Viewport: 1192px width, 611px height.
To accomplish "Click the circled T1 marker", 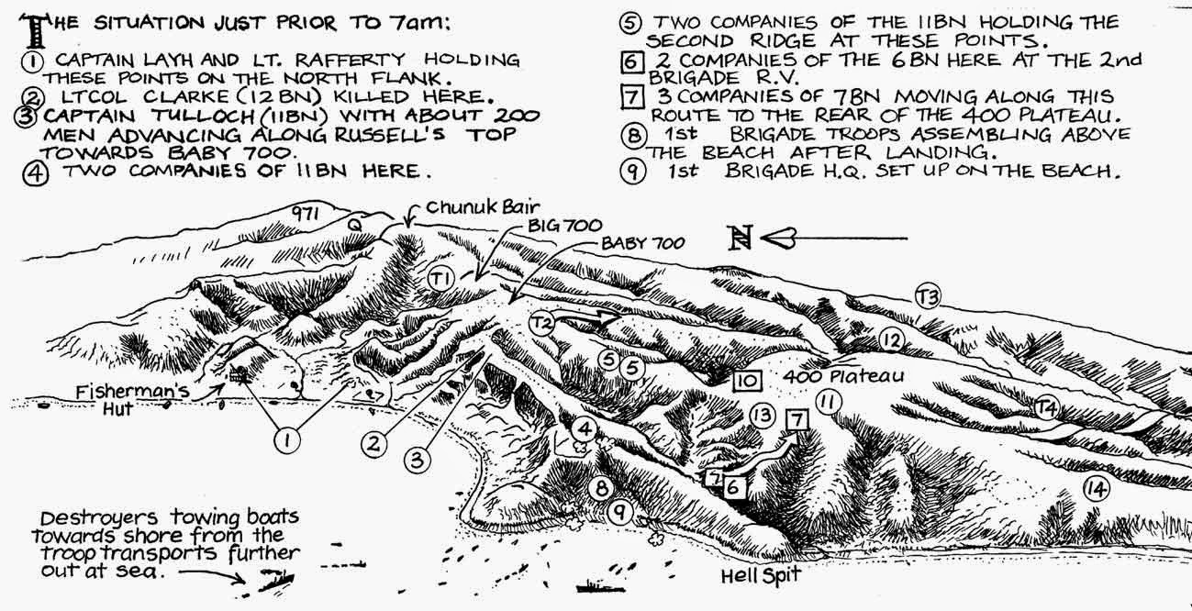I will tap(443, 278).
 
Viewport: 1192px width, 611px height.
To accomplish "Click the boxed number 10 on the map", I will tap(745, 379).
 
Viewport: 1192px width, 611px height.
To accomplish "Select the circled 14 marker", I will tap(1095, 489).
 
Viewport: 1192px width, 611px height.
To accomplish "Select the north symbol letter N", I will tap(738, 239).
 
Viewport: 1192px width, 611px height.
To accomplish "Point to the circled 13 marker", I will tap(761, 415).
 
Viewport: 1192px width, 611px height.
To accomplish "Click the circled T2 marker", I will tap(542, 322).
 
